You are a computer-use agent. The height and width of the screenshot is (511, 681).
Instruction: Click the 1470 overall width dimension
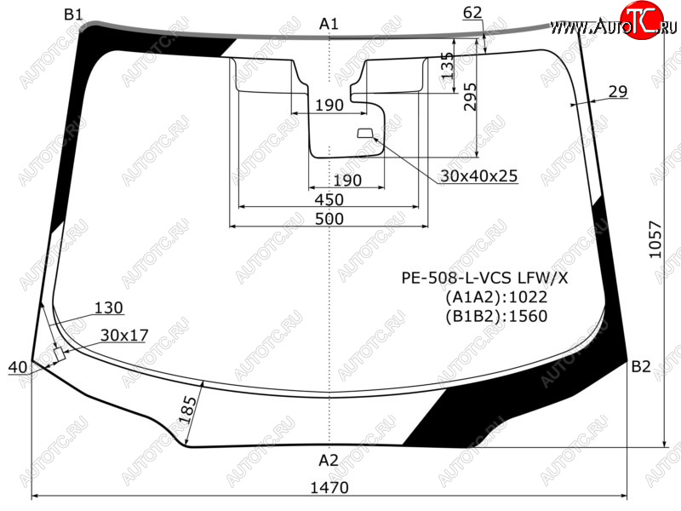329,487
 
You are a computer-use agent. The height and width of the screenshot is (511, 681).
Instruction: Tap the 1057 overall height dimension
655,239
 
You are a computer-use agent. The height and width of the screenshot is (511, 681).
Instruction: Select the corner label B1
73,14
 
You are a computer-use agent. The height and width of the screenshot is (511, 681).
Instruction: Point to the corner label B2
641,367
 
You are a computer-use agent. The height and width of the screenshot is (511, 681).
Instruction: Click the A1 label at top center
329,24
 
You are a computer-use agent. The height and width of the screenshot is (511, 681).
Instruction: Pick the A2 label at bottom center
329,460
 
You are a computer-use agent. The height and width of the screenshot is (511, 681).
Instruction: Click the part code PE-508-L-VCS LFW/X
484,278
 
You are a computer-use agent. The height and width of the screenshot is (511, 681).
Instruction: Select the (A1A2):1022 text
496,296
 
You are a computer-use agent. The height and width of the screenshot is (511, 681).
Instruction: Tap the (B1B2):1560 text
496,316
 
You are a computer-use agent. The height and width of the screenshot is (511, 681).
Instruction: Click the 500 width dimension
329,219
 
